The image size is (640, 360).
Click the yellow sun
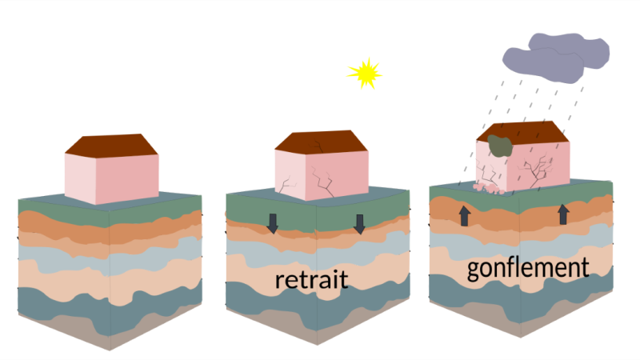(x=365, y=74)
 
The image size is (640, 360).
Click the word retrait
(x=311, y=279)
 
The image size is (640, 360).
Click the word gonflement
(x=528, y=268)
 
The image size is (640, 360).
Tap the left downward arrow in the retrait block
(x=272, y=224)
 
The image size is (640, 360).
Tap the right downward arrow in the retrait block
(x=359, y=224)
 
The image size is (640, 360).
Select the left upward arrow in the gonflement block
(x=465, y=216)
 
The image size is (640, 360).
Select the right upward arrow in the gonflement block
(x=563, y=214)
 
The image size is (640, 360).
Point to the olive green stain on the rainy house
(x=499, y=146)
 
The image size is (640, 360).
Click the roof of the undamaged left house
(x=111, y=146)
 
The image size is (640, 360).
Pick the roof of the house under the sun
(x=321, y=142)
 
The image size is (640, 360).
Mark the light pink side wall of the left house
(x=81, y=178)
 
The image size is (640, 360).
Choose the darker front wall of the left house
(x=127, y=179)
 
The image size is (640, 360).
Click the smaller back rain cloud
(x=570, y=50)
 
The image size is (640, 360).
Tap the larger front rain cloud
(x=543, y=65)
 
